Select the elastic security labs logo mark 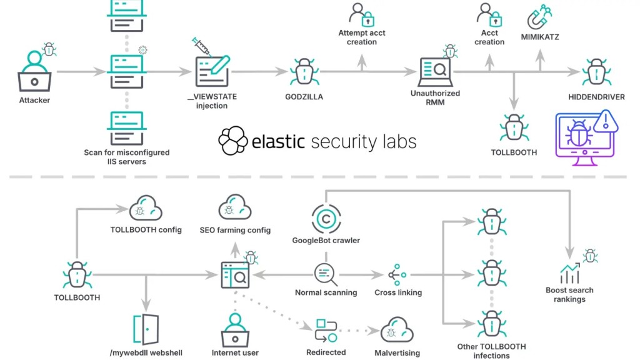[233, 141]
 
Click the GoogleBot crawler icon [326, 219]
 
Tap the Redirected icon [326, 330]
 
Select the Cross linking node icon [397, 274]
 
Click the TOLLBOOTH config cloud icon [146, 209]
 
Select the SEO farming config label [235, 230]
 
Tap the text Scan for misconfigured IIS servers [127, 157]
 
